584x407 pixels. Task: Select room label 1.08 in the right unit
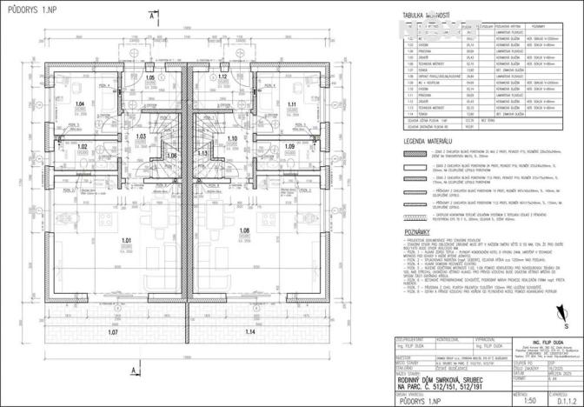pyautogui.click(x=245, y=230)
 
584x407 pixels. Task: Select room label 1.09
pyautogui.click(x=289, y=146)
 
